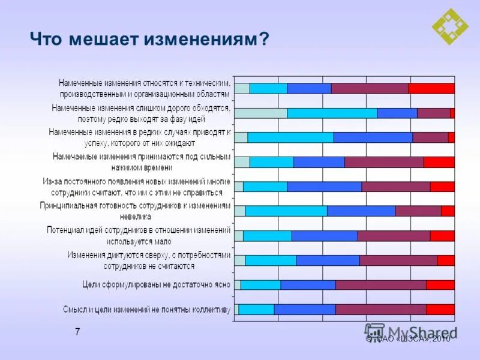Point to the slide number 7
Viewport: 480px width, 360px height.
[77, 332]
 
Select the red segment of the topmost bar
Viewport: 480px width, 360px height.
[431, 88]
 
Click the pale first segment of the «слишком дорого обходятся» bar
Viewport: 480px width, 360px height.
[260, 113]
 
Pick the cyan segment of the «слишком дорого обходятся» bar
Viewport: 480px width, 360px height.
[332, 113]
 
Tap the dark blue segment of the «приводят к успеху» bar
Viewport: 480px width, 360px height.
[373, 137]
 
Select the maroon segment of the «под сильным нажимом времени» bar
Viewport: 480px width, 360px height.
[384, 162]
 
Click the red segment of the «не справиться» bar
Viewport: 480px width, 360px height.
[442, 187]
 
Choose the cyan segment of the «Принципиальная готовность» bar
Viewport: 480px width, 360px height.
[286, 211]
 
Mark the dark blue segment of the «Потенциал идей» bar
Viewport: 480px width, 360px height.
[325, 236]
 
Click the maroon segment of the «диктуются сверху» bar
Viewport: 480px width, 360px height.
[398, 260]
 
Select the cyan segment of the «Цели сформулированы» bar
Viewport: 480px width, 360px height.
[260, 285]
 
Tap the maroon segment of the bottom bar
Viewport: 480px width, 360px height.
[381, 310]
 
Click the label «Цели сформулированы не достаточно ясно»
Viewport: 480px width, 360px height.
[156, 284]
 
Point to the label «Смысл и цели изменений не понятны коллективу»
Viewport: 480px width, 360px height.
[146, 310]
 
